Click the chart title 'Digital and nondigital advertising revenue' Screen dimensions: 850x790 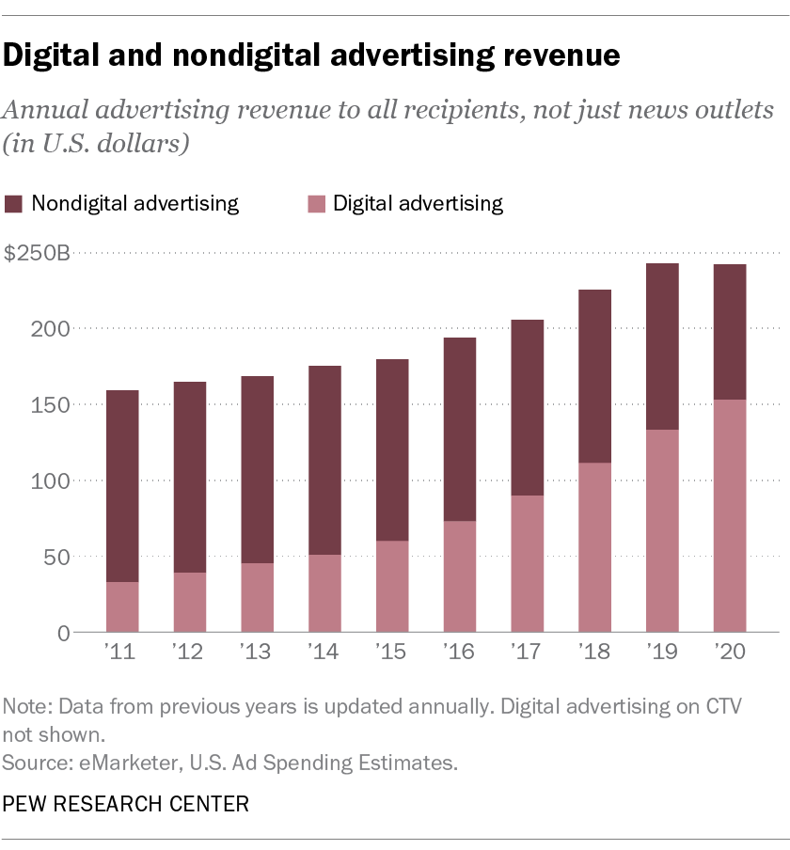pyautogui.click(x=311, y=57)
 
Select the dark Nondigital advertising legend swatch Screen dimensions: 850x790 pyautogui.click(x=14, y=204)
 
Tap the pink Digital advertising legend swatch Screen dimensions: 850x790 pyautogui.click(x=317, y=204)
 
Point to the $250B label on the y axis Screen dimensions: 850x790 pyautogui.click(x=37, y=254)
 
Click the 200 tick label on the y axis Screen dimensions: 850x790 pyautogui.click(x=53, y=329)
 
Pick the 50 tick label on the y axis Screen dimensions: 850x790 pyautogui.click(x=57, y=557)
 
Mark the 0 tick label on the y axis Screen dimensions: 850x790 pyautogui.click(x=63, y=633)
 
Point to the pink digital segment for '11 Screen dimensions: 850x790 pyautogui.click(x=122, y=606)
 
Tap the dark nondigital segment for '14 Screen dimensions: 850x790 pyautogui.click(x=324, y=460)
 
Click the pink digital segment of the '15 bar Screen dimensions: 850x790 pyautogui.click(x=392, y=586)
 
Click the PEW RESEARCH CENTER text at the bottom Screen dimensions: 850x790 pyautogui.click(x=126, y=804)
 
